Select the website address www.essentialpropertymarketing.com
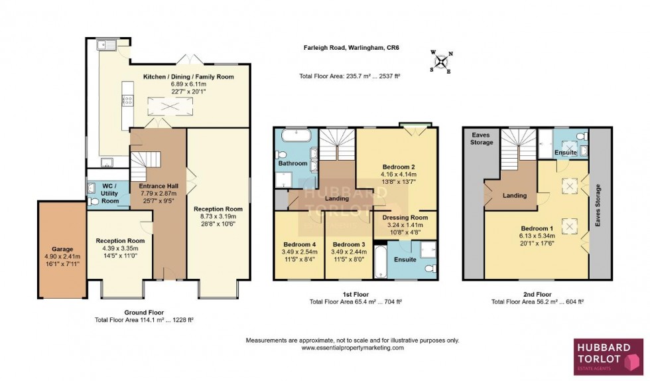coord(352,348)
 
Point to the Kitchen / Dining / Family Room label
coord(189,77)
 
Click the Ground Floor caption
coord(144,312)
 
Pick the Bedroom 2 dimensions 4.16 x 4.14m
coord(399,175)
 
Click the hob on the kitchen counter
coord(126,102)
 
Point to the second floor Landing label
coord(515,195)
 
